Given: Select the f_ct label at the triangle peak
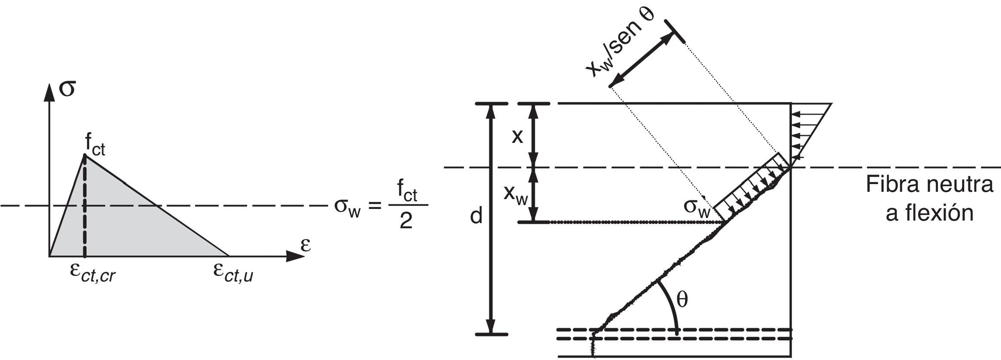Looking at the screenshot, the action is coord(95,148).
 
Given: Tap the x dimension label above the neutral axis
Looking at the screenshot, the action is coord(518,136).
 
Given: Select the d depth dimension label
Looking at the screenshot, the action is coord(476,217).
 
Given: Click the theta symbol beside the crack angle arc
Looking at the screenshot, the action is coord(682,300).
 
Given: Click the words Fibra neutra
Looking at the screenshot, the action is coord(929,185).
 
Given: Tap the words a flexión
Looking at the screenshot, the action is coord(929,213).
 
